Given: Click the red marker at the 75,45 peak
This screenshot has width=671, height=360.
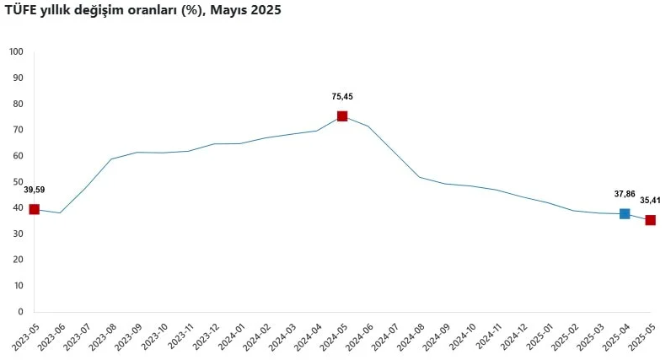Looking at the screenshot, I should pos(342,116).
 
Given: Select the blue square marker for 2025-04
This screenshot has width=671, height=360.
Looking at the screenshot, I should pos(625,213).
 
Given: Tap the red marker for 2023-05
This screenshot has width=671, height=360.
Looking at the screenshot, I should pos(35,209).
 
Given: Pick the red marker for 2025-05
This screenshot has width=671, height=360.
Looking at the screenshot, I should pos(650,220).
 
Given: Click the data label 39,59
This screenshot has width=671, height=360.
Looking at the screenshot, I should pos(35,190).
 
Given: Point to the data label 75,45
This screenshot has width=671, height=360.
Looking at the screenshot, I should pos(342,97).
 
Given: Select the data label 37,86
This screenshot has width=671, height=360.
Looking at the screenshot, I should pos(625,194).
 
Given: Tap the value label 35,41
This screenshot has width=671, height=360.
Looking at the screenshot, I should pos(650,201).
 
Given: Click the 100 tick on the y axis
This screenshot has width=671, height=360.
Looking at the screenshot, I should pos(16,52).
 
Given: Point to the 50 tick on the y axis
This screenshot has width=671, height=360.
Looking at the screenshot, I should pos(18,182).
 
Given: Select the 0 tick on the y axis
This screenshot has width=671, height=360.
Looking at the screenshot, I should pos(20,312).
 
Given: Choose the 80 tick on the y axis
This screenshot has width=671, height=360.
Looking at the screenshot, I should pos(18,105).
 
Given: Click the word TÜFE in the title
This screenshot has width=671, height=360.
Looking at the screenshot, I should pos(22,11).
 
